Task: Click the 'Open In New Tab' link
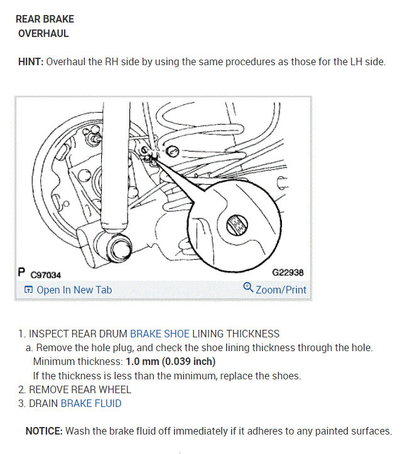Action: pos(74,290)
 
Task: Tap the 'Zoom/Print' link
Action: pos(281,290)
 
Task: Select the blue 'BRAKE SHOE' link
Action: pos(159,334)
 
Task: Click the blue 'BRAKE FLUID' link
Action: pos(91,403)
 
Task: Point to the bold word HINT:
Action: pos(31,61)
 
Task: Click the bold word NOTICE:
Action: pos(44,431)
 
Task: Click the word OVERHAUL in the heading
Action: pos(43,34)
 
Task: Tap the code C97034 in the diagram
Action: pos(46,275)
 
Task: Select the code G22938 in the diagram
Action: pos(288,272)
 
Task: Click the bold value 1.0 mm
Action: pos(143,361)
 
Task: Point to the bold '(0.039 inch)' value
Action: pos(188,362)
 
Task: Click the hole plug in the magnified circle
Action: pos(237,225)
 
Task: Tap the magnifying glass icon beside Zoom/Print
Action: pos(248,287)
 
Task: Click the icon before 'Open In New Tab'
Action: pos(28,289)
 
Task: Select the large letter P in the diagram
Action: pos(21,272)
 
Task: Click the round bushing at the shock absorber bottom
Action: pos(119,248)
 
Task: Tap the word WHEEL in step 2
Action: pos(115,389)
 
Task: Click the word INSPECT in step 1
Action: pos(49,334)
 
